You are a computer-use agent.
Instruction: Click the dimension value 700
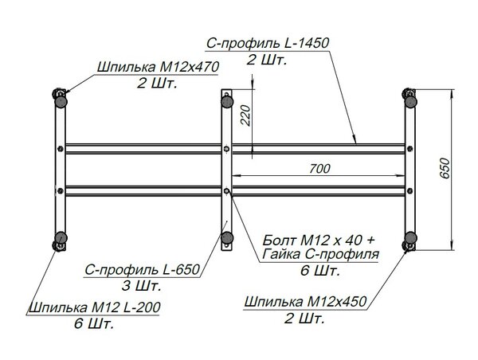click(x=319, y=169)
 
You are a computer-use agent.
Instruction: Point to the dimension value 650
click(x=445, y=168)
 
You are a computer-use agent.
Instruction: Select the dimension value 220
click(x=245, y=115)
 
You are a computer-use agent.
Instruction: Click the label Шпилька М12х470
click(x=158, y=67)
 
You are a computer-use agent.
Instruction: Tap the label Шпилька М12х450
click(x=305, y=302)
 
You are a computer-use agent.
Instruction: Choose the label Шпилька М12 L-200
click(x=95, y=307)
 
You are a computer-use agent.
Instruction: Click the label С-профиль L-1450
click(x=268, y=43)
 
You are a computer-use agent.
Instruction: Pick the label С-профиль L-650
click(x=142, y=270)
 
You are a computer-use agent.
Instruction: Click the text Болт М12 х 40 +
click(x=319, y=241)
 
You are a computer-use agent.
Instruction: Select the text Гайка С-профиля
click(x=321, y=253)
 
